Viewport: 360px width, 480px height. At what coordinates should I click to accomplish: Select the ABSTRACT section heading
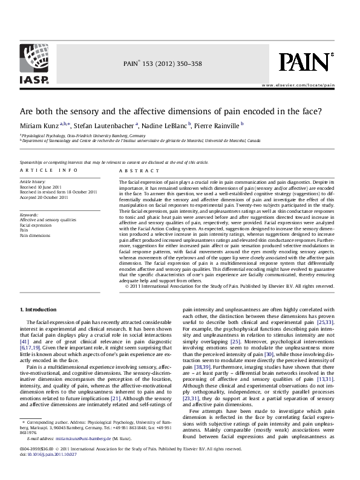coord(131,171)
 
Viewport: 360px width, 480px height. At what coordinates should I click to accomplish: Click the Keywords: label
coord(30,215)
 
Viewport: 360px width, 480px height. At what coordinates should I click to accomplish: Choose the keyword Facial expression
coord(36,225)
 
